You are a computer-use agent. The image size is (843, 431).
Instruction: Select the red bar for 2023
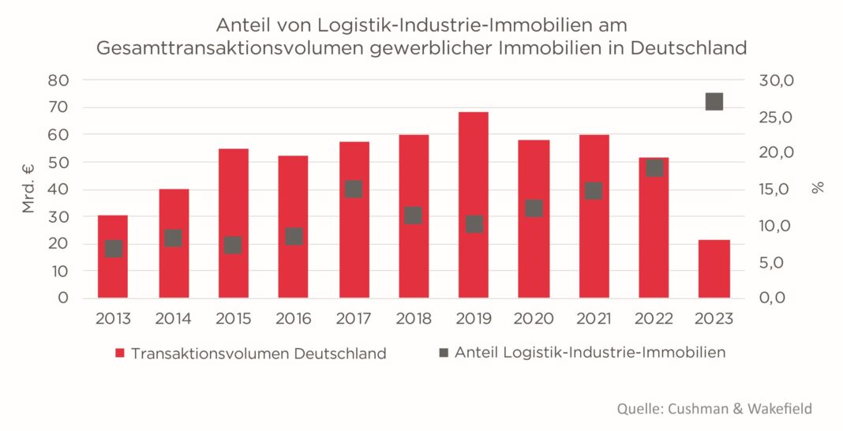tap(714, 268)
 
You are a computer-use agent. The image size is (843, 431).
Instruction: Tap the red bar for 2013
tap(113, 272)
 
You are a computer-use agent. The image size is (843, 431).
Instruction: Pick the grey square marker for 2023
tap(714, 101)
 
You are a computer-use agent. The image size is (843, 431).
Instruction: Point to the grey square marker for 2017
tap(353, 189)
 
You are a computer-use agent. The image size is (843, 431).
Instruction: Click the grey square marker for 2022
tap(654, 167)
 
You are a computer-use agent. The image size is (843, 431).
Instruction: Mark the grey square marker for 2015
tap(233, 245)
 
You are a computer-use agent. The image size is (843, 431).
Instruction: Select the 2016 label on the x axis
tap(293, 319)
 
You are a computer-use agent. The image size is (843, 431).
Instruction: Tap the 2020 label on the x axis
tap(534, 319)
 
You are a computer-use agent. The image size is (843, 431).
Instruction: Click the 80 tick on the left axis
tap(59, 81)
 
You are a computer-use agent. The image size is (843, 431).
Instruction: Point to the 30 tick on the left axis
tap(59, 216)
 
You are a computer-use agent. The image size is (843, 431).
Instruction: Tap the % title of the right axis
tap(818, 188)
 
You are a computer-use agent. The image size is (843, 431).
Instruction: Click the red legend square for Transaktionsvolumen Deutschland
tap(120, 353)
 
